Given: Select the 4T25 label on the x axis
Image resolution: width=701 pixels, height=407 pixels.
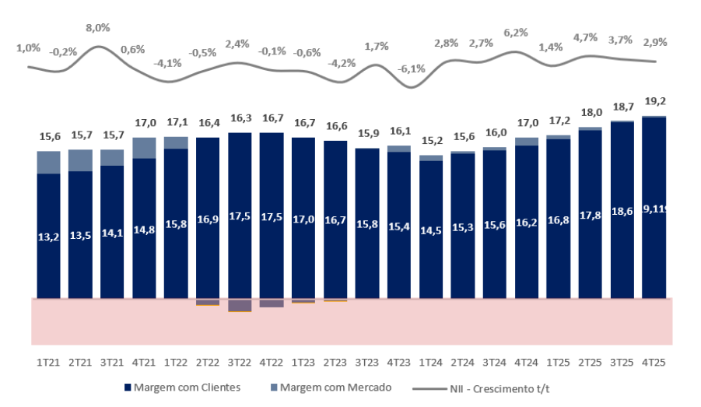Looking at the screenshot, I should coord(654,362).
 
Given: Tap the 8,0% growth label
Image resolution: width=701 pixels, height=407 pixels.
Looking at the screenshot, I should coord(98,28).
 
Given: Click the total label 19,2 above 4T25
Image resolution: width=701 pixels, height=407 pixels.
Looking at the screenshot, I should coord(654,100).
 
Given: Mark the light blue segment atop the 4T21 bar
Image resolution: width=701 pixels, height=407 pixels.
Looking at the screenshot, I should coord(144,148).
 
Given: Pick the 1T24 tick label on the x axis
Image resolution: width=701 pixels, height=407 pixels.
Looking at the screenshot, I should coord(431,362).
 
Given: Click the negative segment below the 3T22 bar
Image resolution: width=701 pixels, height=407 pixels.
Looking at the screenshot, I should coord(240,304).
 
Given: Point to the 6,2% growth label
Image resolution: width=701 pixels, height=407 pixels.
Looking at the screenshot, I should coord(516,33).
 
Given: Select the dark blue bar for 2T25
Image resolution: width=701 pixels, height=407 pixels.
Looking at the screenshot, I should coord(590,214).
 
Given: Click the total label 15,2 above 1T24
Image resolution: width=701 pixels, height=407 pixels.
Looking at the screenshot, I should coord(431,141).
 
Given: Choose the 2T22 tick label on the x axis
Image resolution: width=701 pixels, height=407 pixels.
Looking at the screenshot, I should coord(208,362).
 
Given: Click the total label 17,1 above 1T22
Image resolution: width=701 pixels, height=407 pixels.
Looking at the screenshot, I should coord(176,122).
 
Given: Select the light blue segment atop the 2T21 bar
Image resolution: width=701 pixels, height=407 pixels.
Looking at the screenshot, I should coord(81,160).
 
